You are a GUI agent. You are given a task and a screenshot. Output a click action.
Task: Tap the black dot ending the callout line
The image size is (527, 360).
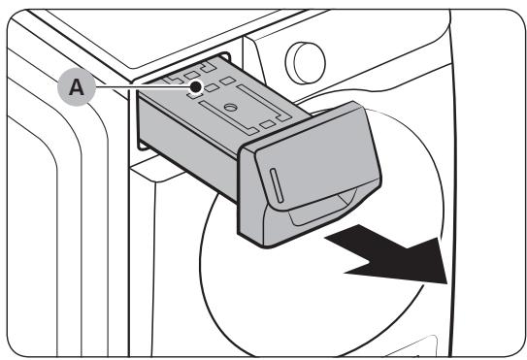click(x=197, y=86)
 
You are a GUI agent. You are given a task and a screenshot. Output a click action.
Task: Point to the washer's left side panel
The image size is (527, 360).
click(x=49, y=223)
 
